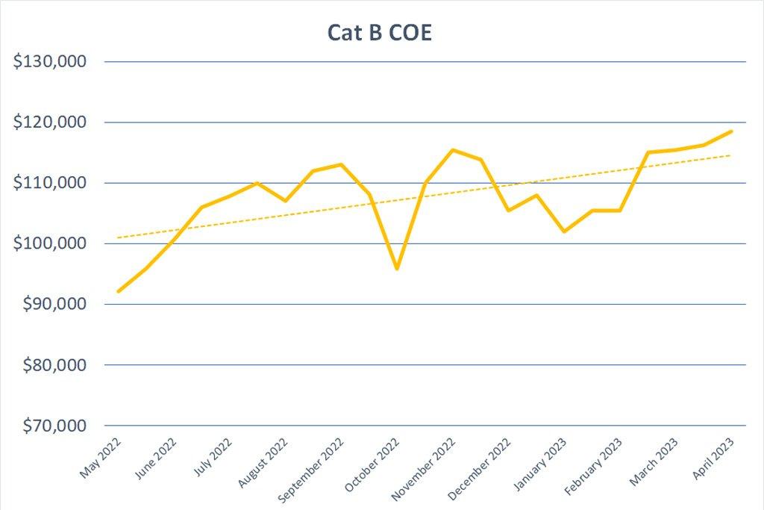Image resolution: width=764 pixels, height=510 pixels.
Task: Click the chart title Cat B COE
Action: [x=380, y=34]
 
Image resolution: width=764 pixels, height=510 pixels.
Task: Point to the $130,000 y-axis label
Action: [x=51, y=61]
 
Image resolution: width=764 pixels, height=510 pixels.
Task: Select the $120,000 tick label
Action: [x=51, y=122]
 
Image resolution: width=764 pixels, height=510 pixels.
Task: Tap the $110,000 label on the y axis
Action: [x=51, y=183]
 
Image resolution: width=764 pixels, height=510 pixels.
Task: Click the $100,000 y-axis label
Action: [x=51, y=244]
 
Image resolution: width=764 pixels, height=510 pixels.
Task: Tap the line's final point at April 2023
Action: [x=731, y=131]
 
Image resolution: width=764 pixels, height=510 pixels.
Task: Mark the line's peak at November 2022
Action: [x=453, y=150]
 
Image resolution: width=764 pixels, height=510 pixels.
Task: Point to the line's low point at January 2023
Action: [x=564, y=231]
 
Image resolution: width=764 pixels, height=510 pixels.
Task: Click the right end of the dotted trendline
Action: [x=730, y=155]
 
